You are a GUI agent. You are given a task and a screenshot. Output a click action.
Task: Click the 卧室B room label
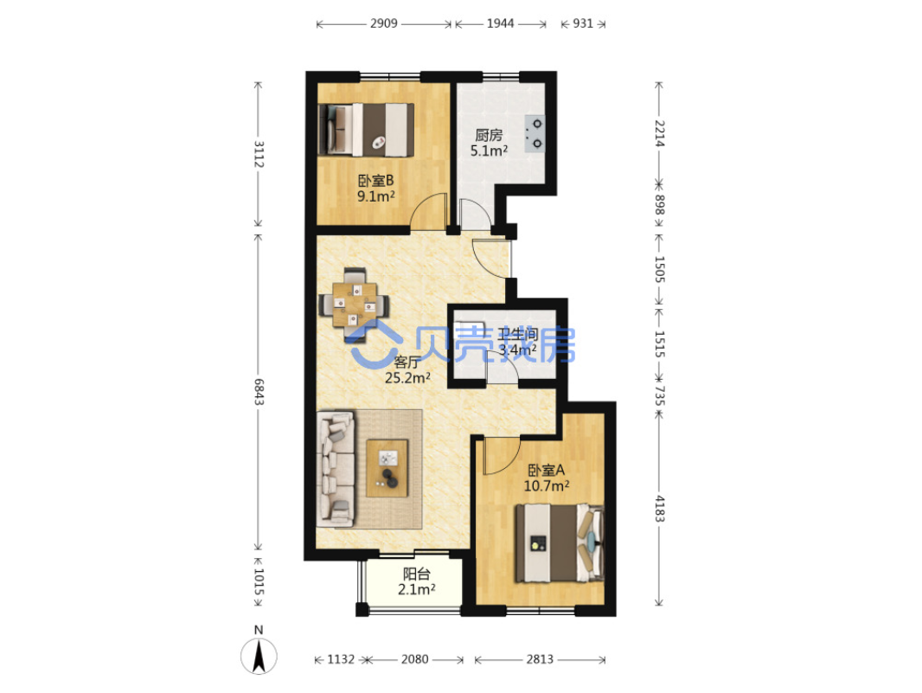pyautogui.click(x=375, y=181)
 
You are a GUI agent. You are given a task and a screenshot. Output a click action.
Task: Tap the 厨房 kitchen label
pyautogui.click(x=489, y=135)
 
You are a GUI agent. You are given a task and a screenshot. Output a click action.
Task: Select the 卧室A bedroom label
pyautogui.click(x=547, y=470)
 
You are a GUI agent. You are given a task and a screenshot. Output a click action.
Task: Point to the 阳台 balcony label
pyautogui.click(x=416, y=574)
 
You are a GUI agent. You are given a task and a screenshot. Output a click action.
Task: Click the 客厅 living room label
pyautogui.click(x=407, y=362)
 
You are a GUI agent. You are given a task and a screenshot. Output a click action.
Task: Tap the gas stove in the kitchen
pyautogui.click(x=535, y=133)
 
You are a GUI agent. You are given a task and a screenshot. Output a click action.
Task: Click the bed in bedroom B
pyautogui.click(x=366, y=130)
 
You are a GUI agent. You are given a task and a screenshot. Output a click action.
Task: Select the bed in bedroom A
pyautogui.click(x=560, y=543)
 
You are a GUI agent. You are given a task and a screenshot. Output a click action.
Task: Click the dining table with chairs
pyautogui.click(x=354, y=305)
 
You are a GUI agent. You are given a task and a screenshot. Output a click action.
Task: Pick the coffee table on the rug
pyautogui.click(x=387, y=468)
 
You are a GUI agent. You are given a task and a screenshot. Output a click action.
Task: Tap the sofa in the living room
pyautogui.click(x=336, y=468)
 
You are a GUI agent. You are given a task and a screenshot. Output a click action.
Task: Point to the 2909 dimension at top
pyautogui.click(x=384, y=23)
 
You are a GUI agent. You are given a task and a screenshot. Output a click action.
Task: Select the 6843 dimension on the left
pyautogui.click(x=258, y=392)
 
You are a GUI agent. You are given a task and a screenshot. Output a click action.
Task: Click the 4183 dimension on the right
pyautogui.click(x=660, y=509)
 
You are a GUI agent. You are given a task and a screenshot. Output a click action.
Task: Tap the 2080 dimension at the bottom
pyautogui.click(x=414, y=659)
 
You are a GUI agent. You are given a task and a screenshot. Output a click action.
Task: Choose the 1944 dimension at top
pyautogui.click(x=501, y=23)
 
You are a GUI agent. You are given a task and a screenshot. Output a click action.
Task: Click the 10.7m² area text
pyautogui.click(x=547, y=486)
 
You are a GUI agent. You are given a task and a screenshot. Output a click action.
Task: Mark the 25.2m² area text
pyautogui.click(x=407, y=378)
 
